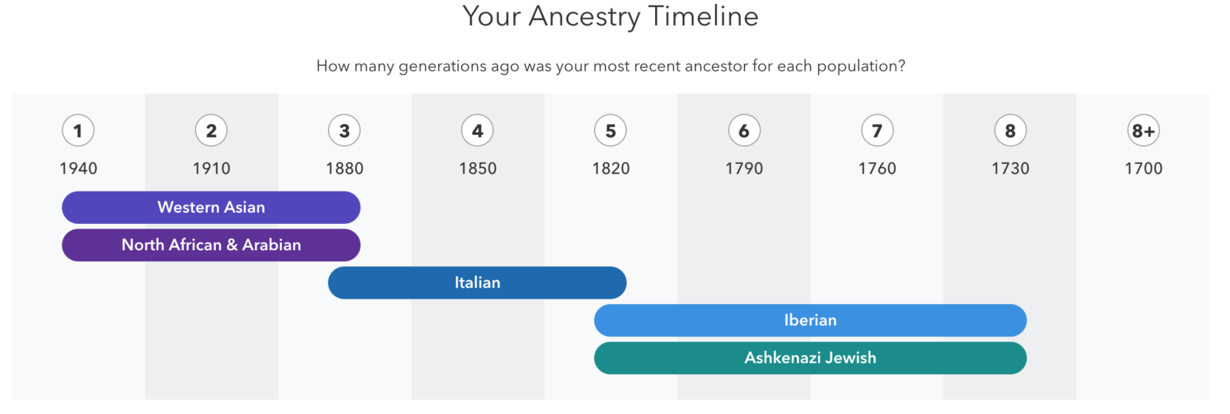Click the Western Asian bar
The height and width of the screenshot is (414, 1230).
[211, 207]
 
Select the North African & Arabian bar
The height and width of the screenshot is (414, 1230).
[211, 245]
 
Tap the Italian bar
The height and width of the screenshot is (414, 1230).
[477, 282]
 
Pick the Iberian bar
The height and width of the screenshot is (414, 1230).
[810, 321]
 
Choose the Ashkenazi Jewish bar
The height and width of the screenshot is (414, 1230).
[810, 358]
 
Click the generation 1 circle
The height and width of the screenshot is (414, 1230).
[78, 130]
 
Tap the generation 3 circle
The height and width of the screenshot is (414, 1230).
[344, 130]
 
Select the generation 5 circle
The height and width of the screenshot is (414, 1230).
[610, 130]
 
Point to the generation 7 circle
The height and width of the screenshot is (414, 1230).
[877, 130]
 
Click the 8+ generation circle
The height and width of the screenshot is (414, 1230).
[1143, 130]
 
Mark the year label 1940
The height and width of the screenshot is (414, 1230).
[78, 169]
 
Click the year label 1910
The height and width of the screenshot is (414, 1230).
[211, 169]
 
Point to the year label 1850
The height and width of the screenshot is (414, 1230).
[477, 169]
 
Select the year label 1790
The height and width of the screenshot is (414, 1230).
[744, 169]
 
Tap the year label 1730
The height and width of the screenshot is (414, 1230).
[1010, 169]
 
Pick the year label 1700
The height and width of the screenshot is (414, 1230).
[1144, 169]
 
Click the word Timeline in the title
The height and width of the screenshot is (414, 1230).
[703, 16]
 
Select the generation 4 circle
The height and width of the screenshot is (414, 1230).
[477, 130]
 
